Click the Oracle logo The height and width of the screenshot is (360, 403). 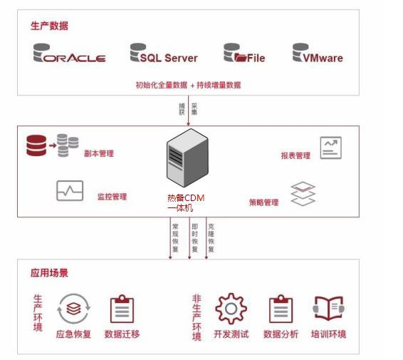click(x=69, y=55)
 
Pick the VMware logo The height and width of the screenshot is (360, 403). click(x=317, y=55)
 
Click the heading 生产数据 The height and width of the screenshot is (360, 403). click(x=50, y=26)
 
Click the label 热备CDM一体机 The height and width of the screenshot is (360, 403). click(x=186, y=202)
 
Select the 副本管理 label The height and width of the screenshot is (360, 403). click(x=98, y=153)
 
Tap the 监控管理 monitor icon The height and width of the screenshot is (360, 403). click(x=70, y=191)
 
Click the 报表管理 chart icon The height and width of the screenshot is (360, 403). click(x=330, y=148)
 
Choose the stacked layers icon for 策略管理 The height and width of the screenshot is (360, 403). click(x=303, y=193)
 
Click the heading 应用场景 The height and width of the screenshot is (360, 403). click(x=50, y=273)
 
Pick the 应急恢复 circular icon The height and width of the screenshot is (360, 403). click(x=73, y=309)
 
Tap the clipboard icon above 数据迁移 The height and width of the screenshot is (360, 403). click(x=122, y=309)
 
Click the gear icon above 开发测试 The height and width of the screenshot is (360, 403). click(x=231, y=309)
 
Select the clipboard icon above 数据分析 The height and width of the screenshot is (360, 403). click(x=281, y=309)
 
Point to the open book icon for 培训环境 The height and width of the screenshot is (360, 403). click(x=328, y=309)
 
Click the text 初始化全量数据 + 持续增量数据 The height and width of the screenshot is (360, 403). click(x=188, y=85)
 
